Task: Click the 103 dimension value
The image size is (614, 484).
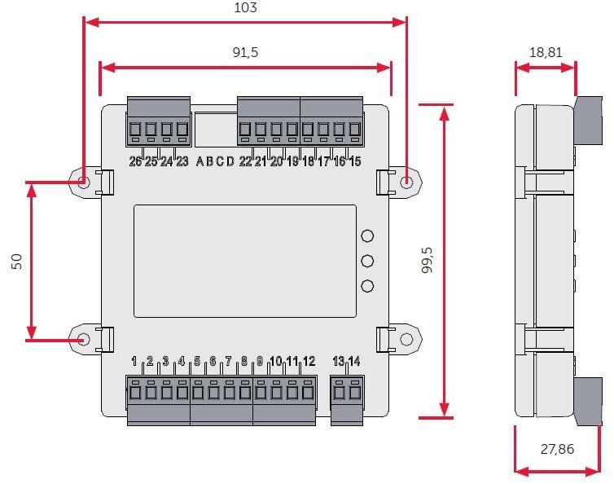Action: (245, 7)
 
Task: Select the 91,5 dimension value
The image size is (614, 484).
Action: (245, 52)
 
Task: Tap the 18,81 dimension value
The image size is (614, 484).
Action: (546, 52)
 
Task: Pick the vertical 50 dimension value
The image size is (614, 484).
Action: (16, 260)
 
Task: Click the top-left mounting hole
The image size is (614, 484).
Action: (84, 181)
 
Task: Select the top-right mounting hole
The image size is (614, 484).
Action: (407, 181)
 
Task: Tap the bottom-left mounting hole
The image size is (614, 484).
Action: (84, 338)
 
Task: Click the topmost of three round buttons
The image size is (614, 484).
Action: (367, 236)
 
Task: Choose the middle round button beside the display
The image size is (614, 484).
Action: (367, 262)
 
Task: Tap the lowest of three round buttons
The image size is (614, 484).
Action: (367, 287)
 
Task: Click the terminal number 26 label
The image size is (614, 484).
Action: (135, 161)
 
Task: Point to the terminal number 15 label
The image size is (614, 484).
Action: (354, 161)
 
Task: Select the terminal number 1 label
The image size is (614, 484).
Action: (134, 361)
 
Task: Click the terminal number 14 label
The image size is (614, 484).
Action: (354, 361)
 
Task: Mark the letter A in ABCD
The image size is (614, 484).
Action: (200, 161)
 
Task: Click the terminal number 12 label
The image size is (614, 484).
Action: (309, 361)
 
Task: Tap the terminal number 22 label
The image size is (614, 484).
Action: (245, 161)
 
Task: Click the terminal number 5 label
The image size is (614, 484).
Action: (197, 361)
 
